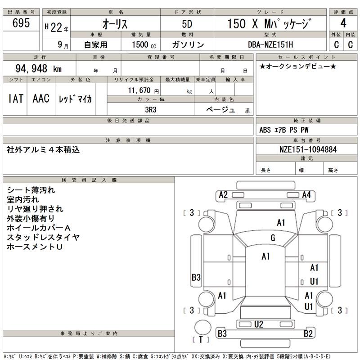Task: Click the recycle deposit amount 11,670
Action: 140,90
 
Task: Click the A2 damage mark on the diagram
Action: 223,195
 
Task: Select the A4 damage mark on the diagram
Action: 307,195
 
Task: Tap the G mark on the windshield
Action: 273,238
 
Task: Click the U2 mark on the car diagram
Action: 258,324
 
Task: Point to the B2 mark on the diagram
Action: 308,333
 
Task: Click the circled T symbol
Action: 201,339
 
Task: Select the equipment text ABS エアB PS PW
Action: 284,130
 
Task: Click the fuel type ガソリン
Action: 188,45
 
